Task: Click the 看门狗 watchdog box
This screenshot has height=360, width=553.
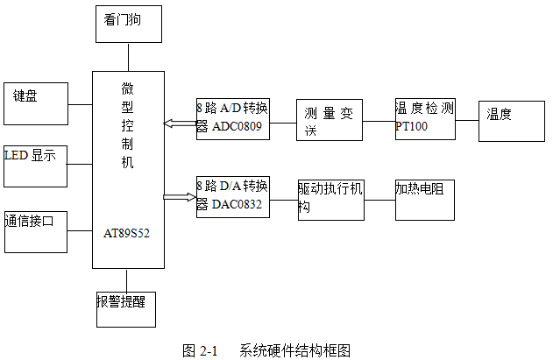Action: pos(128,23)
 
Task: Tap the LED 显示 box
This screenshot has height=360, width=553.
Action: pos(35,166)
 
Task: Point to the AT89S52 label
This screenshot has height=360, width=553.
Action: pos(127,234)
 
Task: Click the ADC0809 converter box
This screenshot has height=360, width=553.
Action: pos(232,117)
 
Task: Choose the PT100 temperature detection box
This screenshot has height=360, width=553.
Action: pos(425,117)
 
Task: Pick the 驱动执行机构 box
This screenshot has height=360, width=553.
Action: pos(330,199)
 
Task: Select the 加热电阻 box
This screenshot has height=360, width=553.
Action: pos(425,198)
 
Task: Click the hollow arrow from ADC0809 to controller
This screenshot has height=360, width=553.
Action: pos(181,124)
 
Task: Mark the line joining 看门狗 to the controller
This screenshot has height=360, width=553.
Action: pos(128,56)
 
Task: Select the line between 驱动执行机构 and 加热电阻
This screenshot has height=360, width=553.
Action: pos(379,200)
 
